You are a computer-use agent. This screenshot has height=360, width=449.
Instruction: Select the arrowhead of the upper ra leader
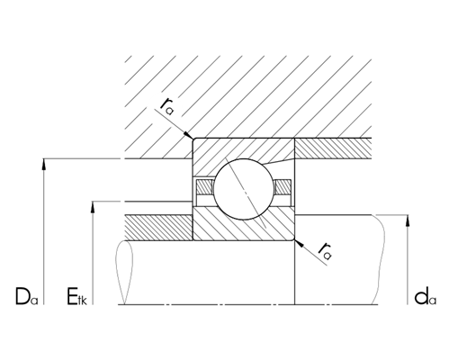191,137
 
